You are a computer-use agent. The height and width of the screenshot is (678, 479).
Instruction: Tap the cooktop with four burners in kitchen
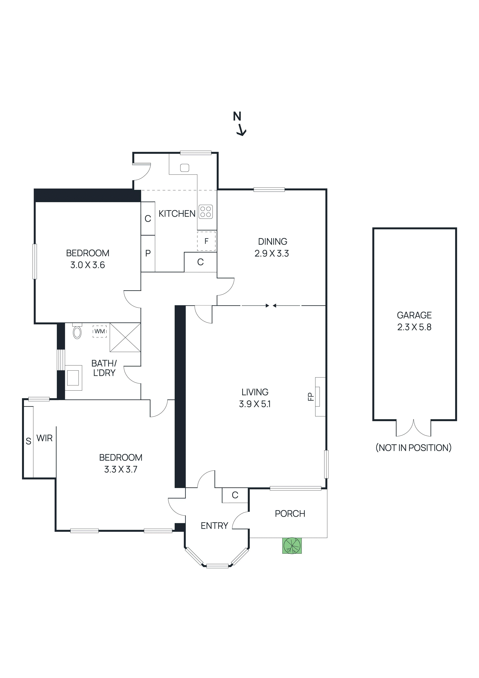[x=206, y=212]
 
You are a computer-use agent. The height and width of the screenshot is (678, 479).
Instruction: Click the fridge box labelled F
[x=206, y=241]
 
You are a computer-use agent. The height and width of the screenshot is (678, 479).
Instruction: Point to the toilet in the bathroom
[x=77, y=332]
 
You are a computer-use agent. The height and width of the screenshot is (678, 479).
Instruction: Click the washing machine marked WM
[x=100, y=331]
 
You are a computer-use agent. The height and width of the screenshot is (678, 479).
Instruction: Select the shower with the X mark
[x=125, y=337]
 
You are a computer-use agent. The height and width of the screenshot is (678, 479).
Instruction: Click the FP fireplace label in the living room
[x=310, y=397]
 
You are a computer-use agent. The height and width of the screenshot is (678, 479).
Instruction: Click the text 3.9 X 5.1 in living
[x=255, y=404]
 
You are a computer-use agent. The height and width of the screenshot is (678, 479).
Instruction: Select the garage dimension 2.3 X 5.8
[x=414, y=327]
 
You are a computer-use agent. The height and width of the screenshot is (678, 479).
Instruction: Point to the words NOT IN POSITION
[x=414, y=448]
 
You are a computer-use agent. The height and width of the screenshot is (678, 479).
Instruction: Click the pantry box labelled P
[x=148, y=253]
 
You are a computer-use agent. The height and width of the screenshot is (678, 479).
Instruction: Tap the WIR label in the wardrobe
[x=45, y=438]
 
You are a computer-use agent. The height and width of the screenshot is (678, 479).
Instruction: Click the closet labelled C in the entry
[x=235, y=495]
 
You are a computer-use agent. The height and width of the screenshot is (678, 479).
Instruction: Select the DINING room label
[x=272, y=242]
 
